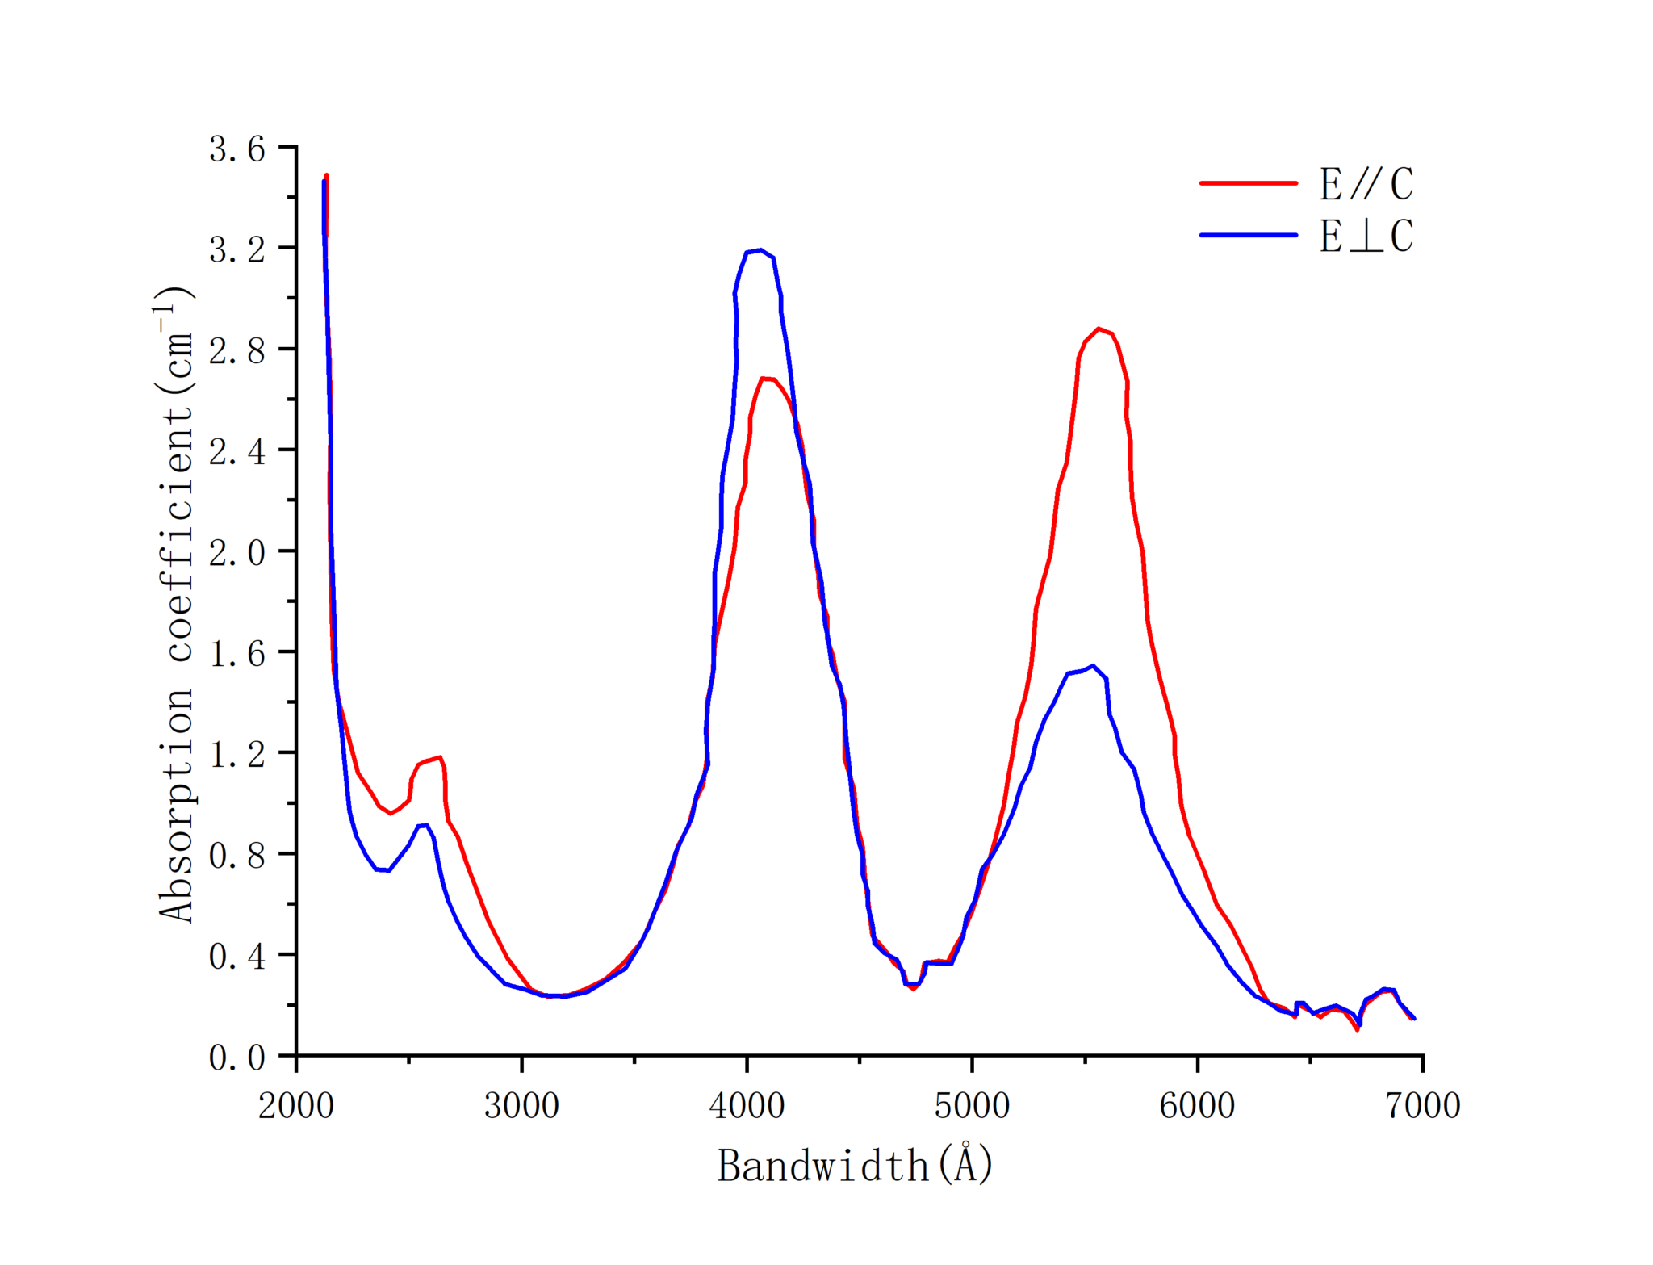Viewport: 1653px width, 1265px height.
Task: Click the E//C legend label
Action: point(1366,184)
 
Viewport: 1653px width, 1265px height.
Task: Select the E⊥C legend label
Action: point(1366,236)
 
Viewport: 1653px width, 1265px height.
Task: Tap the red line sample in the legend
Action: point(1248,183)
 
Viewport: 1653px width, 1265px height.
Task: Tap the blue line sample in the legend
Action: point(1248,235)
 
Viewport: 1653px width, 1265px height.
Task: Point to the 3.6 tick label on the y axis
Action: point(236,149)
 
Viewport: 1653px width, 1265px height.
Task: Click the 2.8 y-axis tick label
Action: point(236,351)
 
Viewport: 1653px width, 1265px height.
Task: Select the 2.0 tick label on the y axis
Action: point(236,553)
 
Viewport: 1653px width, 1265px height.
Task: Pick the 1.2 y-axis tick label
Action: point(236,755)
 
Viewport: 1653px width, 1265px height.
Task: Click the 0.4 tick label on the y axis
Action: point(236,957)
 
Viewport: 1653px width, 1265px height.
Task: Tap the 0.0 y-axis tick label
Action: point(236,1058)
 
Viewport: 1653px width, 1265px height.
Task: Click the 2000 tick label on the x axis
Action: point(296,1105)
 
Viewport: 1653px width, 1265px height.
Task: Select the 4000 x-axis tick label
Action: point(747,1105)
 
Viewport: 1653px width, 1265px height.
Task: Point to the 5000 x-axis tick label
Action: point(972,1105)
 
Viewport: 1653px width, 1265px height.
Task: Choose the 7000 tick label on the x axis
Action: point(1423,1105)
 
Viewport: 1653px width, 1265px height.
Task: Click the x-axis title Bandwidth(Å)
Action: point(855,1165)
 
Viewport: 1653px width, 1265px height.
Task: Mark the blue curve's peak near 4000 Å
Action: point(760,250)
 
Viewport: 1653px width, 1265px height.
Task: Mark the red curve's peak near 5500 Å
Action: point(1099,329)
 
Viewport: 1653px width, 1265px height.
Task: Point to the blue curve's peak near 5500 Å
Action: point(1093,666)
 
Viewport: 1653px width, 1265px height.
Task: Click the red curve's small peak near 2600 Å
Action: point(439,757)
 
